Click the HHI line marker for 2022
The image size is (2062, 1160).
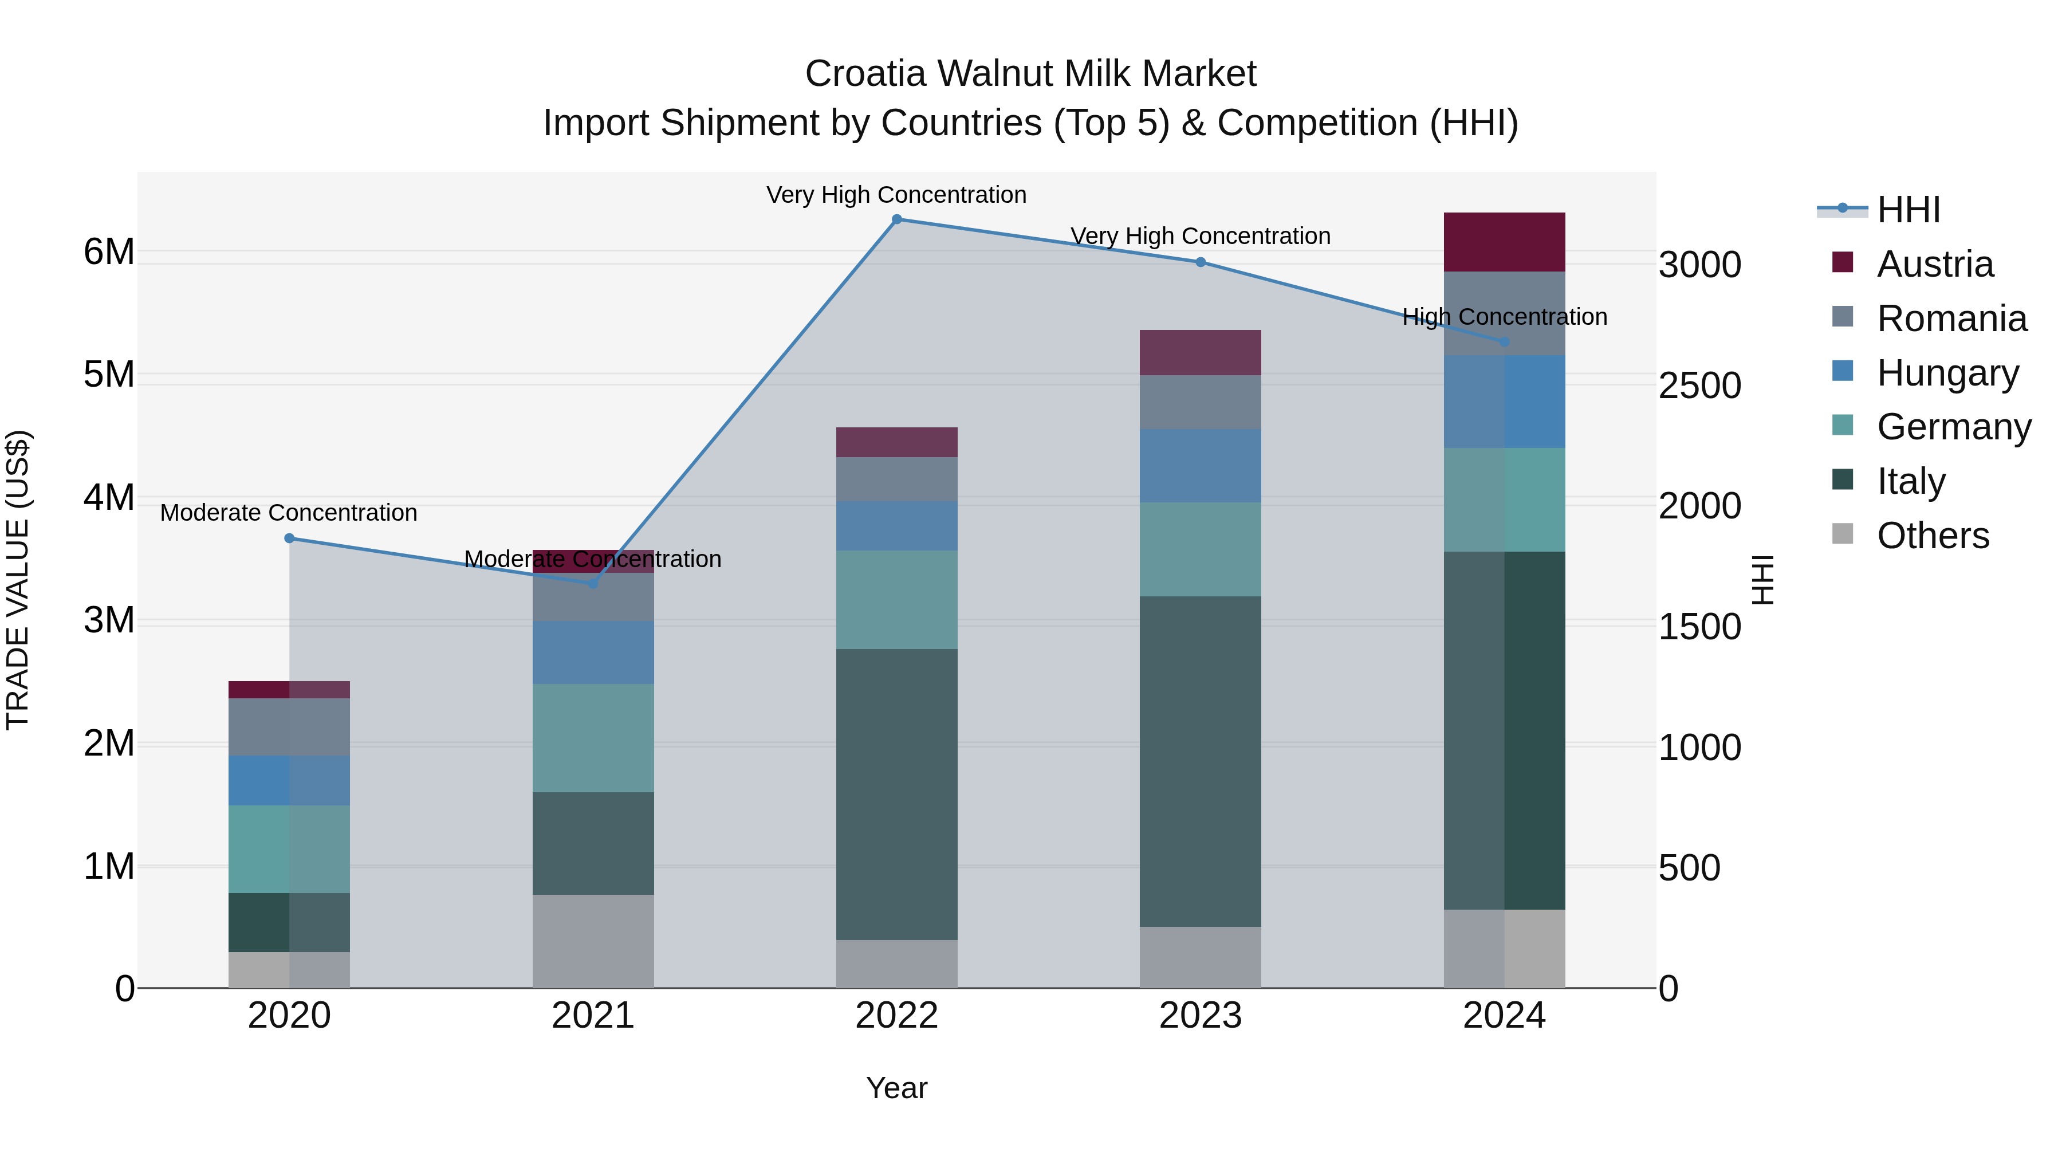(896, 219)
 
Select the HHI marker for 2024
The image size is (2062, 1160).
(1504, 343)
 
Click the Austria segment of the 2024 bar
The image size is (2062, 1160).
(1504, 242)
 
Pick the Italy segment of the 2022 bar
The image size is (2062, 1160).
(896, 794)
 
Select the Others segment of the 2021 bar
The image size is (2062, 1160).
(593, 941)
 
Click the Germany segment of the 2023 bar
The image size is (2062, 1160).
(1200, 549)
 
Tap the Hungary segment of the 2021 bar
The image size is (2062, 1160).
(593, 652)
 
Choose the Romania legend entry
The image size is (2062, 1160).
(1951, 318)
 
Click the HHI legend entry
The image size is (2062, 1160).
(1908, 210)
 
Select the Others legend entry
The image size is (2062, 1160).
(1933, 536)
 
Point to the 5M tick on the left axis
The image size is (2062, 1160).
(109, 375)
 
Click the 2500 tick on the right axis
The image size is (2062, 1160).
(1699, 386)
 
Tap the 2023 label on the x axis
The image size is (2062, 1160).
(1200, 1016)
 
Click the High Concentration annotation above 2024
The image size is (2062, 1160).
(1504, 317)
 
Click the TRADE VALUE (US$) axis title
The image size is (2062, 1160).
(18, 580)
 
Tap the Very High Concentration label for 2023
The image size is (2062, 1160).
(1200, 236)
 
